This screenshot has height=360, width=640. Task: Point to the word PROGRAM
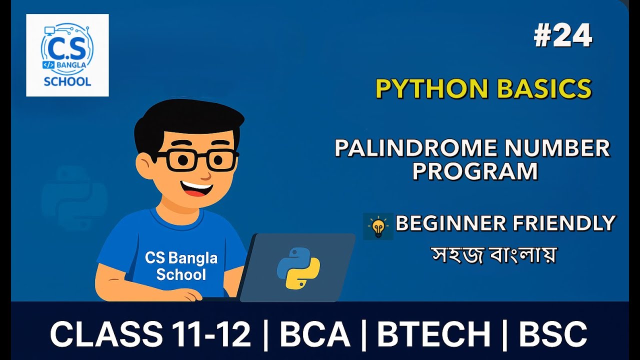pyautogui.click(x=475, y=171)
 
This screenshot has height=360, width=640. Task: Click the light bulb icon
pyautogui.click(x=378, y=226)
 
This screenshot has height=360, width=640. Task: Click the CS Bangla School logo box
pyautogui.click(x=67, y=55)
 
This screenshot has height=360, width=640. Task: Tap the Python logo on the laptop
pyautogui.click(x=298, y=268)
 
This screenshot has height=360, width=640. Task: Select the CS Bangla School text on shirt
pyautogui.click(x=181, y=266)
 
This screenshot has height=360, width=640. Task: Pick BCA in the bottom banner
pyautogui.click(x=314, y=334)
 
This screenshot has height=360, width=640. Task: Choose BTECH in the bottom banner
pyautogui.click(x=433, y=334)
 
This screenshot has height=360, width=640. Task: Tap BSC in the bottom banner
pyautogui.click(x=553, y=334)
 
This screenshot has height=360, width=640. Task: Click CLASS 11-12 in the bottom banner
pyautogui.click(x=150, y=334)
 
